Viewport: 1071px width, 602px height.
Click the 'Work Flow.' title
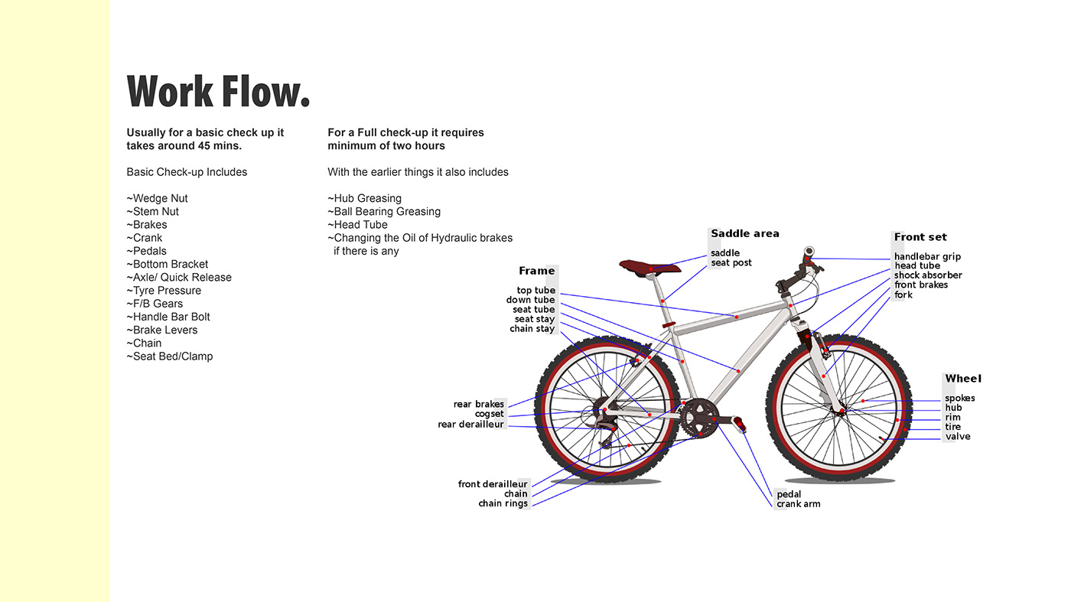[218, 91]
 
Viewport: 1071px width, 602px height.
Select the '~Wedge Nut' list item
[158, 198]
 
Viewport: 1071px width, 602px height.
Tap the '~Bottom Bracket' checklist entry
[168, 264]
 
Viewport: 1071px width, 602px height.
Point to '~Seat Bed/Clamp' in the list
[170, 356]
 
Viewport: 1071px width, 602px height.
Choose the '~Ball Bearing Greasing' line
[384, 211]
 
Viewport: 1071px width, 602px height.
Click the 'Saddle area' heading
[744, 234]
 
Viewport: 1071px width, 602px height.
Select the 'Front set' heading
[920, 237]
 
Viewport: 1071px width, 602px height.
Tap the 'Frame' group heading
[536, 271]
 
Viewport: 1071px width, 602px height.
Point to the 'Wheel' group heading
[962, 379]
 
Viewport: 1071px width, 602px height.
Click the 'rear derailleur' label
[470, 424]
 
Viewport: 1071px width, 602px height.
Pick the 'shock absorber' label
[928, 275]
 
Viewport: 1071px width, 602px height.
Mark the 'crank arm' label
[798, 504]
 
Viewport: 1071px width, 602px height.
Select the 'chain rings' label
[503, 503]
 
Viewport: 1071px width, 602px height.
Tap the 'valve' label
[957, 437]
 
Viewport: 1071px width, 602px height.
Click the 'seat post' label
[731, 263]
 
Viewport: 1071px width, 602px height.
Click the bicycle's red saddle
[643, 265]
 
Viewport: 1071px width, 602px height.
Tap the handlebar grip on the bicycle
[809, 252]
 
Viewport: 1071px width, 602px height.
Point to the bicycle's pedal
[739, 422]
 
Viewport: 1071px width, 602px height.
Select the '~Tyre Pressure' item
[164, 291]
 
